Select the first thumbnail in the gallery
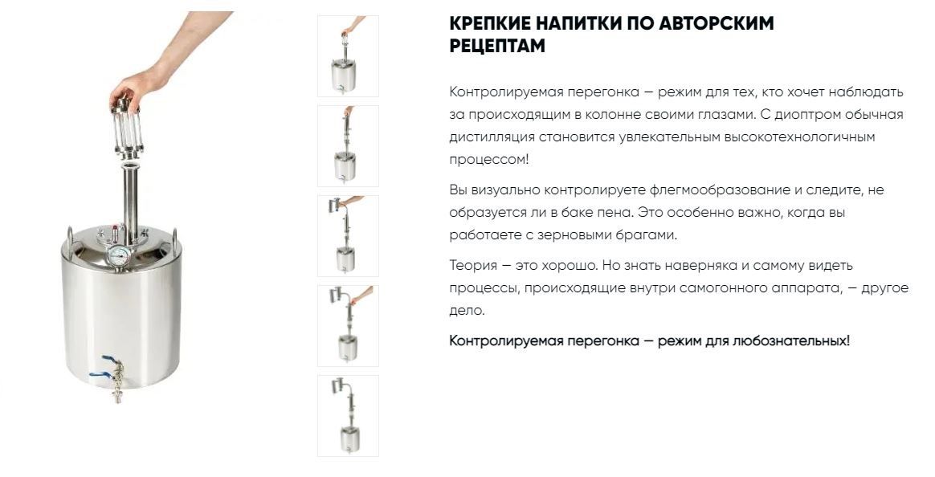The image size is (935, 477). click(x=348, y=56)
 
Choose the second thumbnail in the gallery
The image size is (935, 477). click(x=348, y=146)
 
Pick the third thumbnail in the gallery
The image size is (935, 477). click(x=348, y=236)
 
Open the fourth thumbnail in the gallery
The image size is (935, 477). click(x=348, y=326)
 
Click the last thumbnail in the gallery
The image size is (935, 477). click(x=348, y=416)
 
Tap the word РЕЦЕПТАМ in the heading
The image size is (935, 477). click(x=497, y=46)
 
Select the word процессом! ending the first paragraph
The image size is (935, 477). click(x=489, y=160)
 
